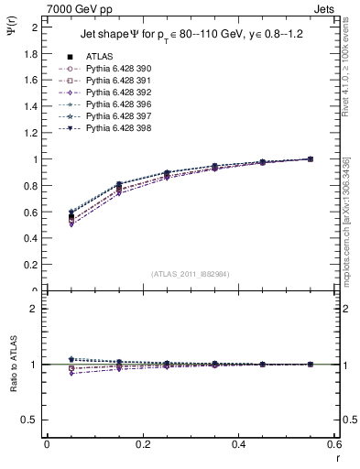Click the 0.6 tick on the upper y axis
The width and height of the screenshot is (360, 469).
30,212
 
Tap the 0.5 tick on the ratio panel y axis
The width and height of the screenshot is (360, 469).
30,420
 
